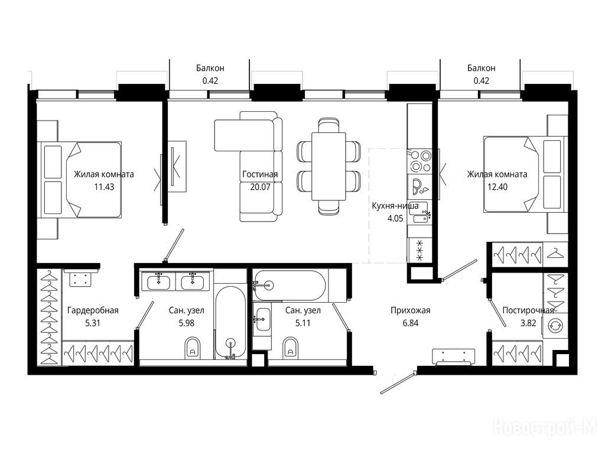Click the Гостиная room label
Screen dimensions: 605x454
[x=260, y=174]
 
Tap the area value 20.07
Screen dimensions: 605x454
[x=260, y=187]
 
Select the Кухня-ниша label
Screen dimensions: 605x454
[x=395, y=206]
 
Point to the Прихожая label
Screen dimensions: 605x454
[x=410, y=310]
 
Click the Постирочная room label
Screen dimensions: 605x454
[x=528, y=310]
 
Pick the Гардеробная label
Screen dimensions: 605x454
[x=93, y=310]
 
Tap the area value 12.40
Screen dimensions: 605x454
[x=497, y=187]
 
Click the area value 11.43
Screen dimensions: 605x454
[x=104, y=187]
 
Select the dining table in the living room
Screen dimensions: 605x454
[x=328, y=166]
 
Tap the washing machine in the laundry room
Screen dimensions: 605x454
[x=555, y=326]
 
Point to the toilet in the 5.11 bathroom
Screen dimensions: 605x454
[x=291, y=348]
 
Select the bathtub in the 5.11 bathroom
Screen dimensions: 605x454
[x=290, y=286]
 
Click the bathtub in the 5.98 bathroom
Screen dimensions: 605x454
[x=230, y=322]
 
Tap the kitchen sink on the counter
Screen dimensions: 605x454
[x=419, y=213]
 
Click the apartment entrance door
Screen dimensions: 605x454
[x=398, y=382]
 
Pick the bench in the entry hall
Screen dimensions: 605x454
[x=454, y=356]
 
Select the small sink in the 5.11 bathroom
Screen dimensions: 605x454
[x=262, y=319]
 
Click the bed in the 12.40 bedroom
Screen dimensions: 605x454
[x=525, y=174]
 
